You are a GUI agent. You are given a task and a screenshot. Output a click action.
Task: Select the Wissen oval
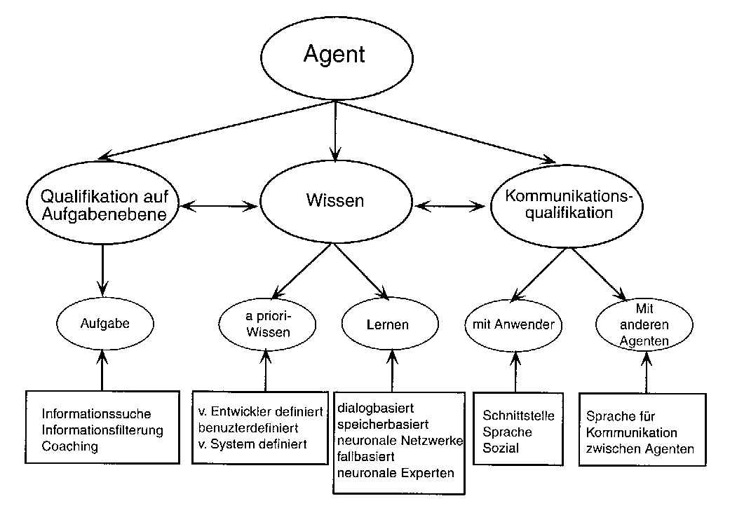tap(335, 201)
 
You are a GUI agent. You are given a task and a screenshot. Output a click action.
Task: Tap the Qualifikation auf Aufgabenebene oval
tap(103, 206)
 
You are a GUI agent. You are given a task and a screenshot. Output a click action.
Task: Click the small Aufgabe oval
tap(104, 324)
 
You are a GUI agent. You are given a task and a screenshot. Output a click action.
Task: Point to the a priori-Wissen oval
tap(268, 324)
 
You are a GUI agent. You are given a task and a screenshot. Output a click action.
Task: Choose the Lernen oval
tap(387, 325)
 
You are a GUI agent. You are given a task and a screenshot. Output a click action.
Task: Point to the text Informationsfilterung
tap(102, 430)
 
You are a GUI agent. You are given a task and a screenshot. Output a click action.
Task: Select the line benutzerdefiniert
tap(249, 427)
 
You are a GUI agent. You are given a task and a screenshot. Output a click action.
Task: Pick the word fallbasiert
tap(367, 457)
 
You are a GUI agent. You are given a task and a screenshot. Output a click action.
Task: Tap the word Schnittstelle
tap(518, 416)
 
